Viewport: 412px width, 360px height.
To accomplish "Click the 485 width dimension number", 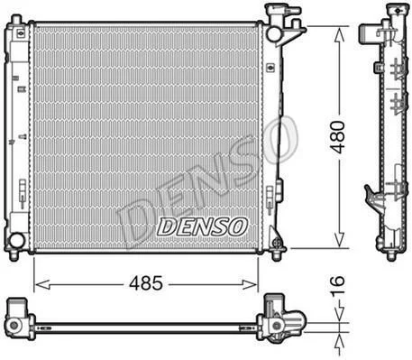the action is (x=146, y=282).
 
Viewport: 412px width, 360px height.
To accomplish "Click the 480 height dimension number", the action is (x=337, y=137).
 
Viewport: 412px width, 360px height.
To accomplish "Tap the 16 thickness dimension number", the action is (x=338, y=286).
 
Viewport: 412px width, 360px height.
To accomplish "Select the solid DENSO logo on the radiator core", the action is (x=202, y=226).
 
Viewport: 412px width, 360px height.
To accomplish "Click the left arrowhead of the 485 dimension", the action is (x=42, y=284).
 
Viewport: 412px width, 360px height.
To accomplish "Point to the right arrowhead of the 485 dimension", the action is (x=250, y=284).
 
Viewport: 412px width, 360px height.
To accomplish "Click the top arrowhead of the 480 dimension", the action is (x=340, y=34).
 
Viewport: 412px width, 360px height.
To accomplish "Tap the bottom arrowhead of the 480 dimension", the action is (x=340, y=241).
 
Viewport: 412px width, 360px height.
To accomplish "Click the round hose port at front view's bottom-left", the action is (x=16, y=240).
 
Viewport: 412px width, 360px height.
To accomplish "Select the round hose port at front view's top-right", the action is (x=274, y=34).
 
